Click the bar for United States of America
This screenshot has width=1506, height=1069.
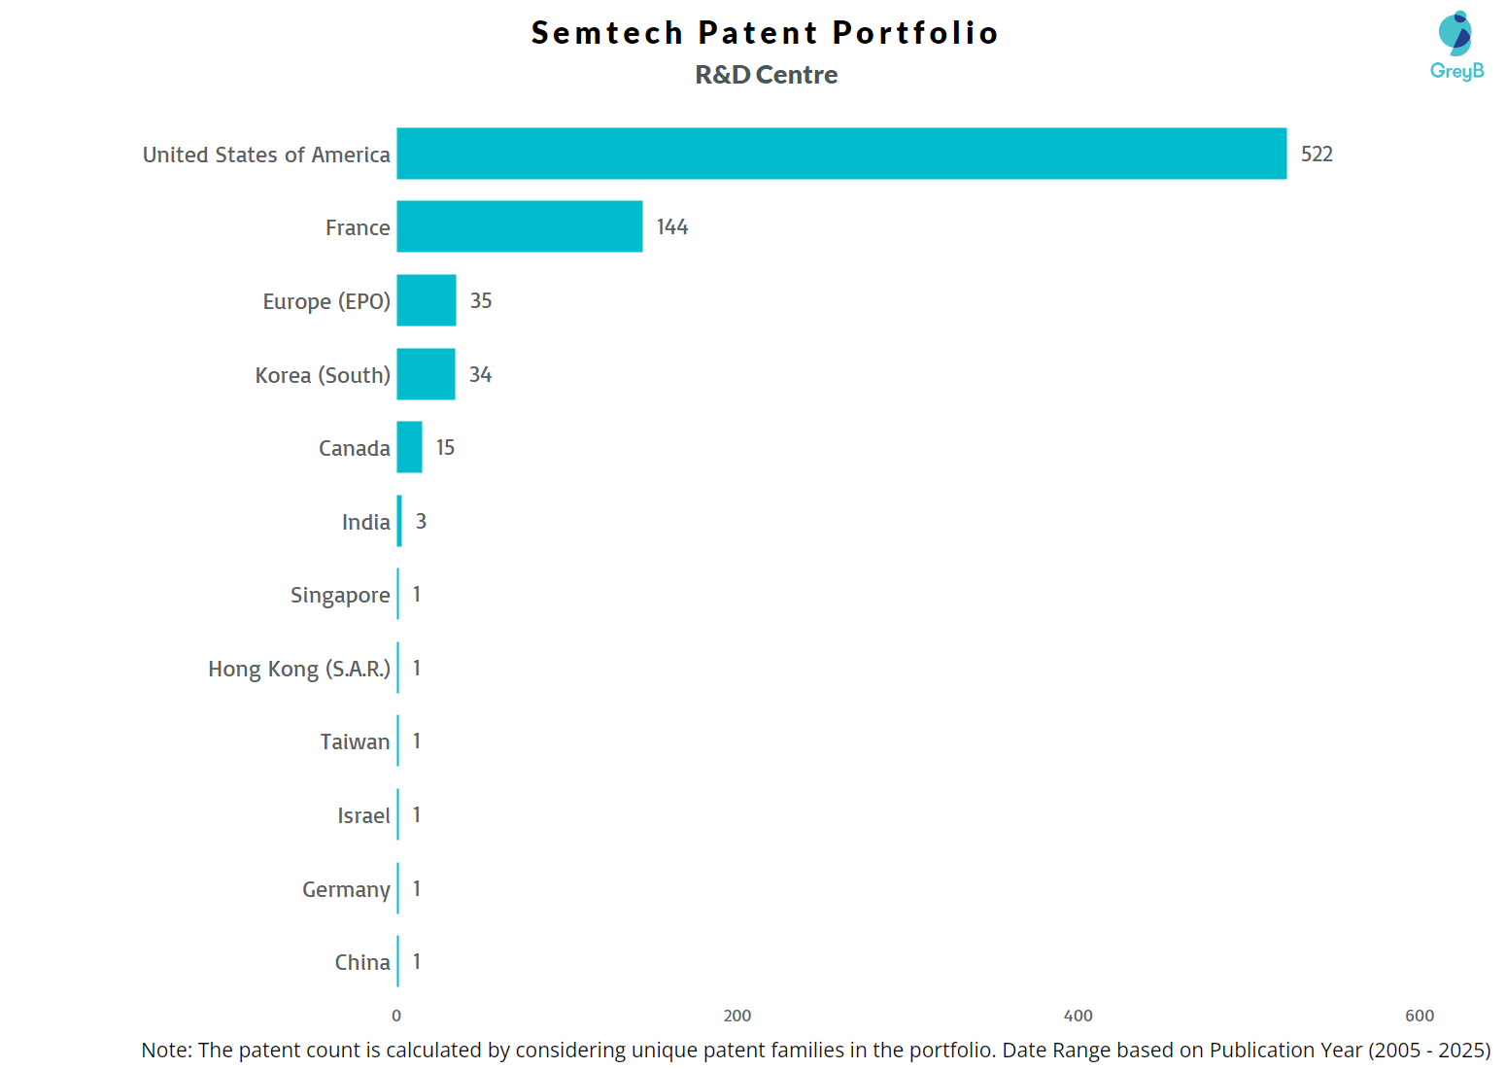pos(841,154)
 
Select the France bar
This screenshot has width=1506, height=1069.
pos(520,226)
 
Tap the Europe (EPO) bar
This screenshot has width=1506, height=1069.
pos(427,300)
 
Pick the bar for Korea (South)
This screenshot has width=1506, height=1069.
pos(426,374)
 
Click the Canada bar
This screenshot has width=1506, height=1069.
pos(409,447)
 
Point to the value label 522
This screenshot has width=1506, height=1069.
pos(1317,155)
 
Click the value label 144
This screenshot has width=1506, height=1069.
pos(672,227)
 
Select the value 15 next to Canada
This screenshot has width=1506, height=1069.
pos(445,448)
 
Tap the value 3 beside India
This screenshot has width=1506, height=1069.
pos(421,522)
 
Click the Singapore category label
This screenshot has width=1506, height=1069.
pos(340,596)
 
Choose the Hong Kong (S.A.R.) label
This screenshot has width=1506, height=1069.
pos(299,670)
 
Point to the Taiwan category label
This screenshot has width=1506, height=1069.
pos(355,742)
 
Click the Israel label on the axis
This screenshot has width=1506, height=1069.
pos(363,816)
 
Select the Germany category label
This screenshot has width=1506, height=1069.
pos(346,890)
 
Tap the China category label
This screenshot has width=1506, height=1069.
pos(362,963)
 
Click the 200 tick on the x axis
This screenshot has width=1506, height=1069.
pos(737,1016)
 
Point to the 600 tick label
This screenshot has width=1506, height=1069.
pos(1420,1016)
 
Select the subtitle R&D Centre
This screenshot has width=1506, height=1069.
pos(767,75)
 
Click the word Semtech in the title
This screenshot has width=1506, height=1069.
pos(607,33)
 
